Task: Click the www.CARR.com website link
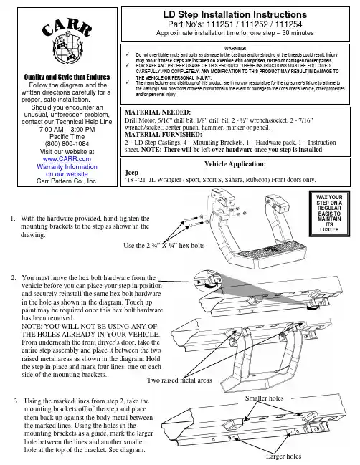[x=67, y=159]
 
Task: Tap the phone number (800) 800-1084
[x=67, y=144]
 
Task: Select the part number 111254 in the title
[x=288, y=24]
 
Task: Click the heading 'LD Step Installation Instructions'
[x=235, y=14]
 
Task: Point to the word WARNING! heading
[x=235, y=48]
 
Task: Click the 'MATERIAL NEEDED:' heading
[x=158, y=112]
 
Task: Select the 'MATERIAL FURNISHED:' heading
[x=164, y=135]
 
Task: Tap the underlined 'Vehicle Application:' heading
[x=235, y=164]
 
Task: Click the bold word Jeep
[x=131, y=172]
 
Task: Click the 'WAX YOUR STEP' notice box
[x=329, y=214]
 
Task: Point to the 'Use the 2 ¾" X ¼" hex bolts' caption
[x=164, y=246]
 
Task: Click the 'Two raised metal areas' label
[x=179, y=380]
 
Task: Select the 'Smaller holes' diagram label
[x=264, y=398]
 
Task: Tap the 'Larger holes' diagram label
[x=283, y=456]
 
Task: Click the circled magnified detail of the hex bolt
[x=208, y=281]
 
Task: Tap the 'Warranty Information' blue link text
[x=67, y=167]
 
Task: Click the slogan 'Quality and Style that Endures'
[x=67, y=77]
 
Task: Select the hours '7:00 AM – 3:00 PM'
[x=67, y=129]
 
